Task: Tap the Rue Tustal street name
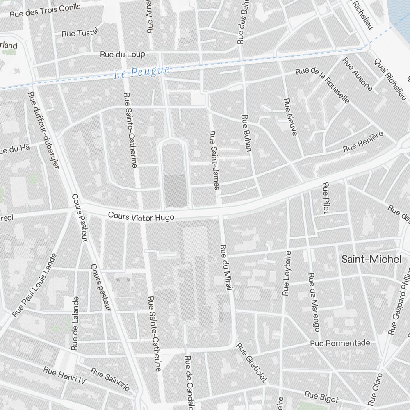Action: point(80,32)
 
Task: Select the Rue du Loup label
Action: point(123,54)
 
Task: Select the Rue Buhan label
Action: point(246,133)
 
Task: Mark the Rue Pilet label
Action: point(326,198)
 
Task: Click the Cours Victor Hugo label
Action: point(141,216)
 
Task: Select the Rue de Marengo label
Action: point(314,302)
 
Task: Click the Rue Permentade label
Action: point(340,343)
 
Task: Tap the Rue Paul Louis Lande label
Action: point(34,285)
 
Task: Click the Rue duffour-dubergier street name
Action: point(43,129)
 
